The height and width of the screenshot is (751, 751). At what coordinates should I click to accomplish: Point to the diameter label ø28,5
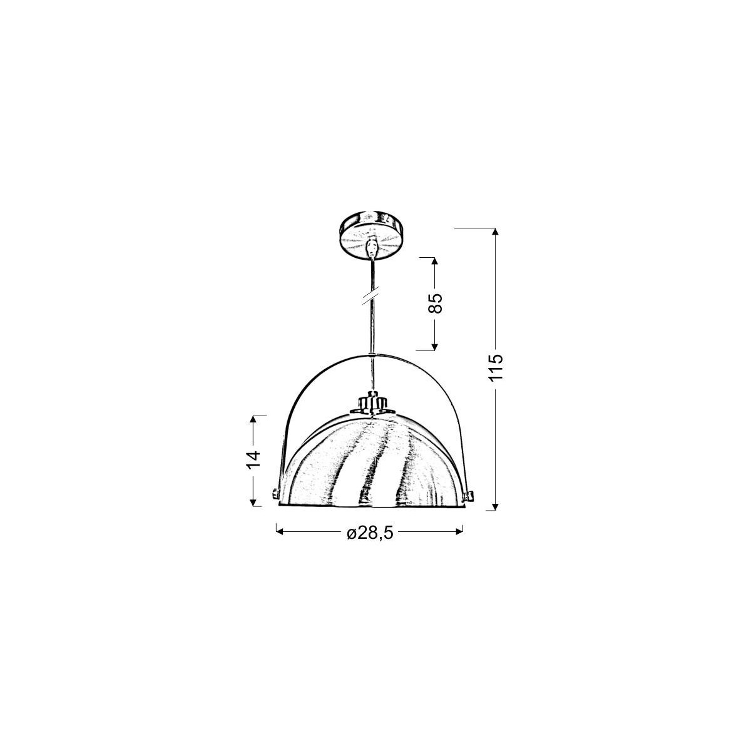click(369, 533)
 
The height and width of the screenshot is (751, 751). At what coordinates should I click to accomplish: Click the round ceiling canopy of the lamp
click(372, 232)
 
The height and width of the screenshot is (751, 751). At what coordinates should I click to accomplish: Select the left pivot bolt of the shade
click(275, 494)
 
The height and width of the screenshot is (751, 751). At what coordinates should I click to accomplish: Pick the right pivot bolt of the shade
click(467, 496)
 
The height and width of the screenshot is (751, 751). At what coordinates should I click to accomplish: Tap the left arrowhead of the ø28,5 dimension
click(280, 531)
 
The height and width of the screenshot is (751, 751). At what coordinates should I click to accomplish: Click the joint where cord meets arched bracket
click(372, 354)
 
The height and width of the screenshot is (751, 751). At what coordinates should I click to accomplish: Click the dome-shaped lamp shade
click(372, 463)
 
